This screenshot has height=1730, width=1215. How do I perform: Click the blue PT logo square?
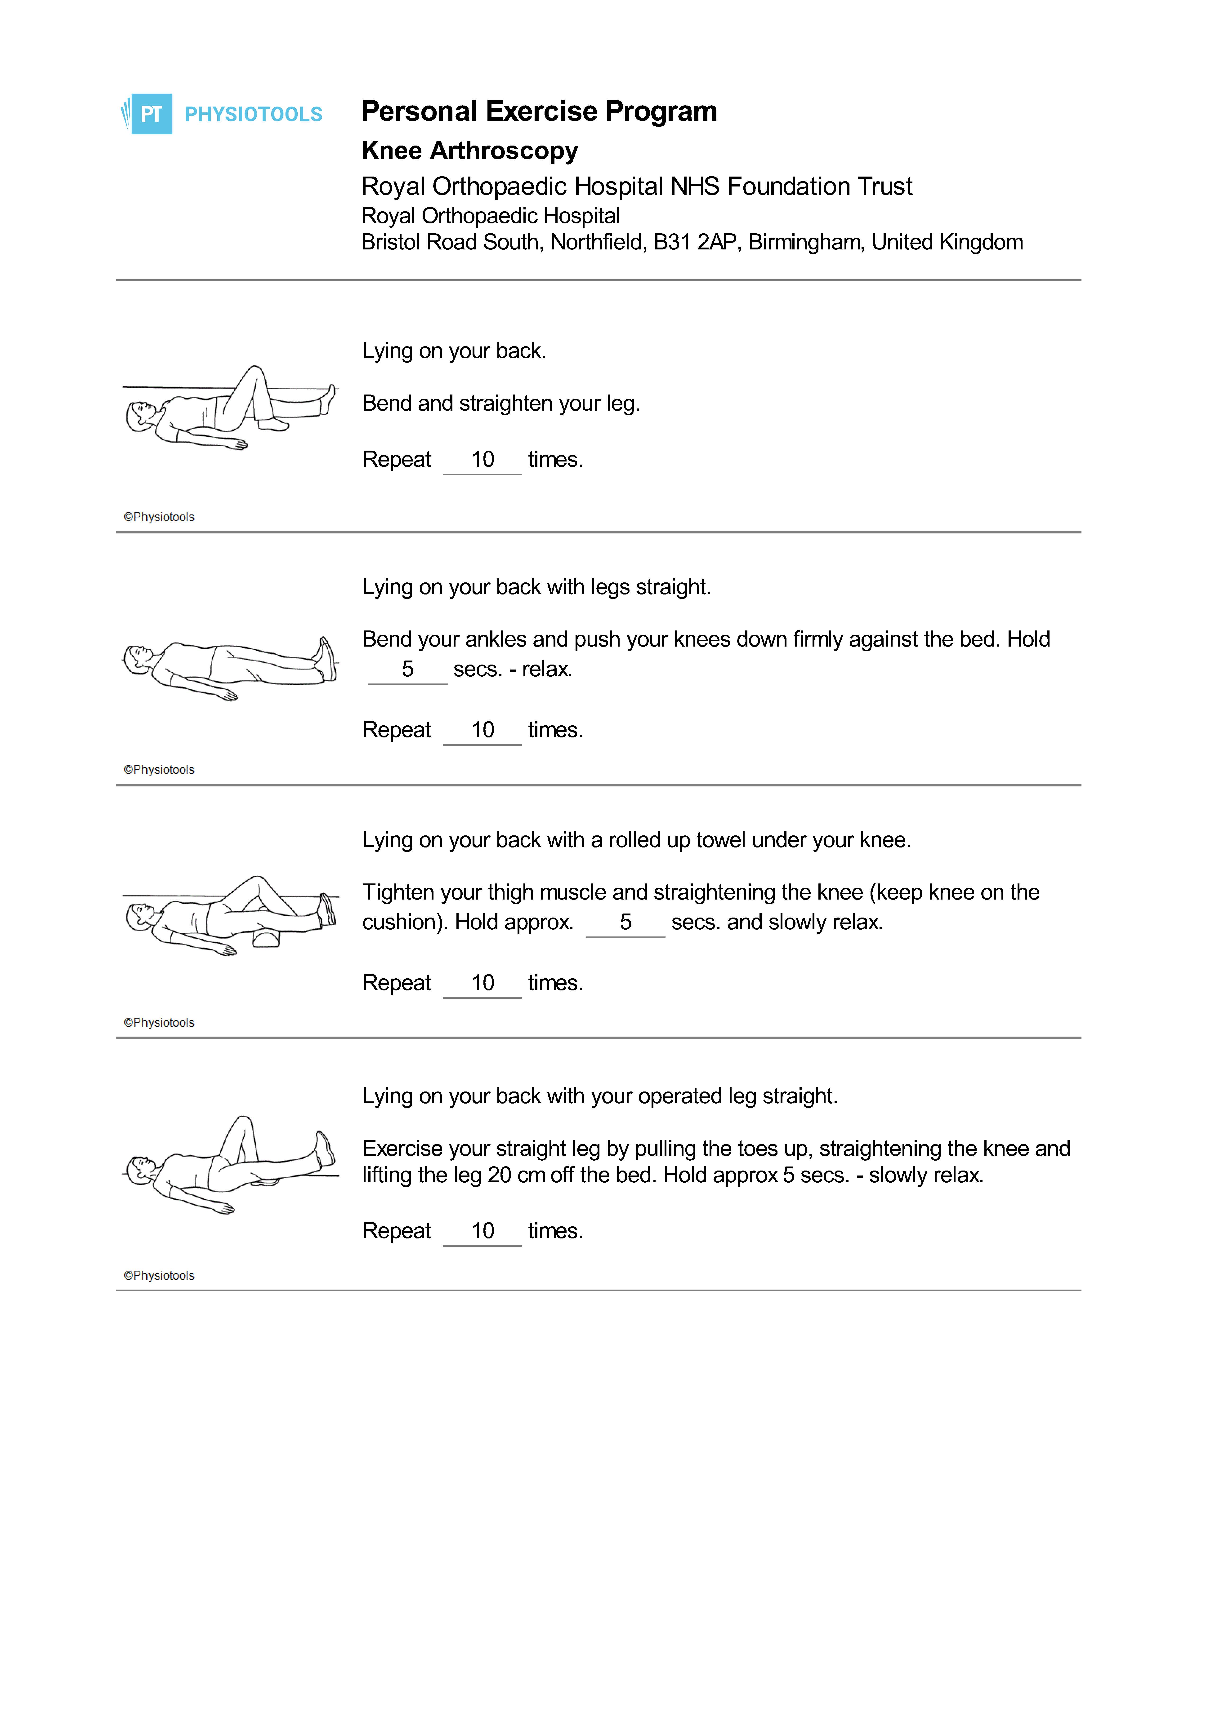(x=152, y=114)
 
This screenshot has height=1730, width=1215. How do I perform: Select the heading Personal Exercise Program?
(x=539, y=111)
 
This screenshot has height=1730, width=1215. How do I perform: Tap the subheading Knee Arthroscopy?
(x=469, y=151)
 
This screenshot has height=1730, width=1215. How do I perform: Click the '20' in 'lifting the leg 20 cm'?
(x=500, y=1176)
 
